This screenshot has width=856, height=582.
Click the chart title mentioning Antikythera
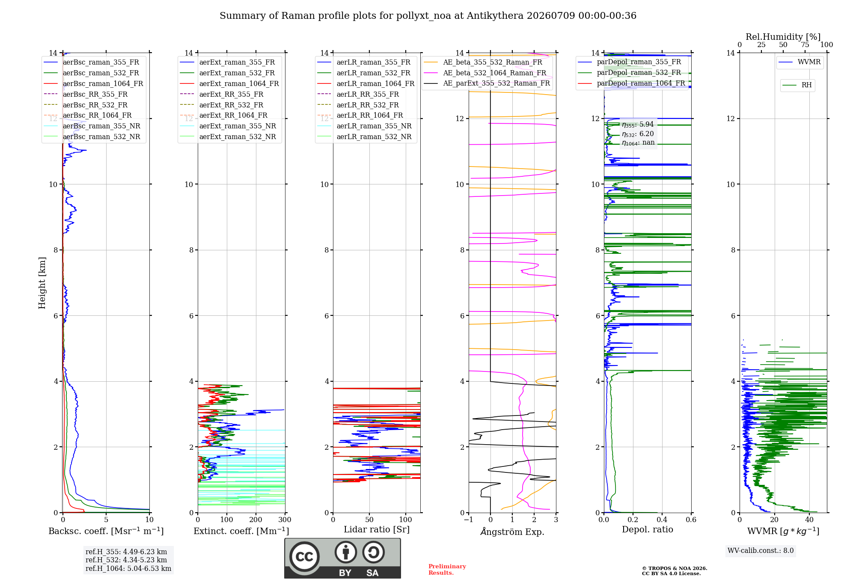[x=428, y=16]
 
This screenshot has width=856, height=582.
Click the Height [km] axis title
[x=42, y=283]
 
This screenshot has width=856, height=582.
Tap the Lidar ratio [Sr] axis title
[x=377, y=529]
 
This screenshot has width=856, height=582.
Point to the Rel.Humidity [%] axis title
[x=783, y=37]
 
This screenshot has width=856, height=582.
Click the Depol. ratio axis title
[x=648, y=529]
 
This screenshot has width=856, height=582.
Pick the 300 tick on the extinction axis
[x=285, y=520]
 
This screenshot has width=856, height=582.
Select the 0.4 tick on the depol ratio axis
[x=662, y=520]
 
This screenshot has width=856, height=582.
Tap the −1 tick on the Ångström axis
[x=468, y=520]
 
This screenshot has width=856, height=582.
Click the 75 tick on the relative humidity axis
[x=805, y=45]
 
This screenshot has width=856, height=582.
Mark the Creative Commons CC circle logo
[x=304, y=557]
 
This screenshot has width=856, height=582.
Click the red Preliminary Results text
[x=447, y=570]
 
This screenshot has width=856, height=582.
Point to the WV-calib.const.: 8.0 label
[x=761, y=551]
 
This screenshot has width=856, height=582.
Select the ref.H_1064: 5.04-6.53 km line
[x=128, y=569]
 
